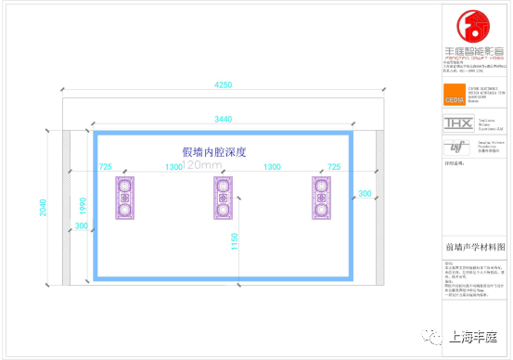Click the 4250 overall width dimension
223,84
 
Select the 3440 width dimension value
223,120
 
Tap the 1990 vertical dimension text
82,205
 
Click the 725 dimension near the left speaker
105,167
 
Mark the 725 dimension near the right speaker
333,167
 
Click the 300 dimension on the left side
82,226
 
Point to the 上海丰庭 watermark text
471,338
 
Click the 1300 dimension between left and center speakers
173,167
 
